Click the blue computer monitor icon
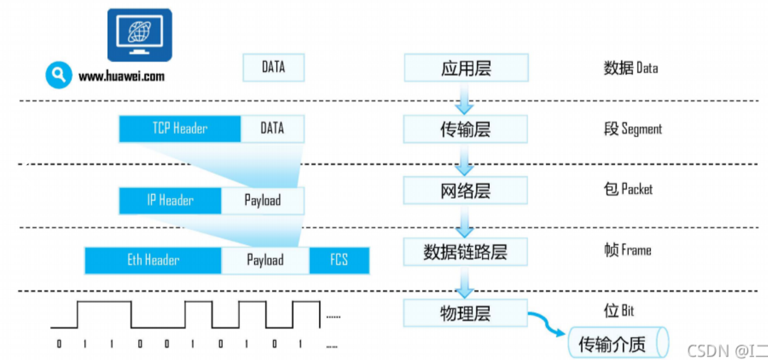140,35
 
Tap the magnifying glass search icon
58,75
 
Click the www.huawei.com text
121,76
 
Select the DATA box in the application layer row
274,68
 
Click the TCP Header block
180,129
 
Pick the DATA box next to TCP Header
272,129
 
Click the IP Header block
170,200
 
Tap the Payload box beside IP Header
262,200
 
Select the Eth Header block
153,260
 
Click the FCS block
339,260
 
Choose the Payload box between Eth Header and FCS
265,260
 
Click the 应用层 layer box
467,68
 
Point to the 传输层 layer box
465,129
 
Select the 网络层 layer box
465,191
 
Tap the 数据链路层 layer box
465,252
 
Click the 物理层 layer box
465,313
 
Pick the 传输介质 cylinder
619,343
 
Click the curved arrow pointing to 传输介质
546,322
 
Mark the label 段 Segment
633,129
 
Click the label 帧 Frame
628,250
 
